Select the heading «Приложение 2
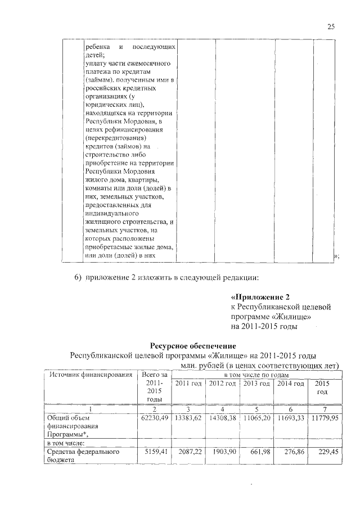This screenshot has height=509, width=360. click(x=259, y=297)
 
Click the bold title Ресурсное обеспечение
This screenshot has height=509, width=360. click(x=192, y=345)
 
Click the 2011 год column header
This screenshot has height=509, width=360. click(x=188, y=384)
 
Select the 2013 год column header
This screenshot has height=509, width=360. click(x=257, y=384)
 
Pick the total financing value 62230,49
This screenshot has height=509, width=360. click(x=154, y=418)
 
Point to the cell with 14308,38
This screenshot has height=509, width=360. click(x=223, y=418)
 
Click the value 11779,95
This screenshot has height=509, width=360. click(x=325, y=418)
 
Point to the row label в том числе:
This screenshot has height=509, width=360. click(x=65, y=443)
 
